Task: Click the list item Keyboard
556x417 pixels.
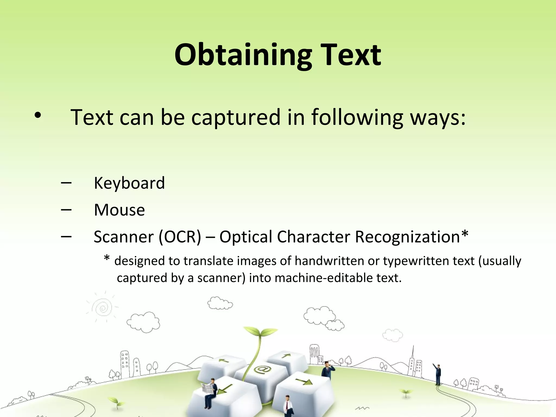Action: coord(129,183)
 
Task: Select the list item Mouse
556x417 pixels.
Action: coord(119,210)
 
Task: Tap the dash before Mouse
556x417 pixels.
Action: coord(67,210)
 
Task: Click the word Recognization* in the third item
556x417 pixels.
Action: coord(412,236)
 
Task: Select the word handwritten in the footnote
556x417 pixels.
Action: coord(329,261)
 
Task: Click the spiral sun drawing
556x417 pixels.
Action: coord(102,308)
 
